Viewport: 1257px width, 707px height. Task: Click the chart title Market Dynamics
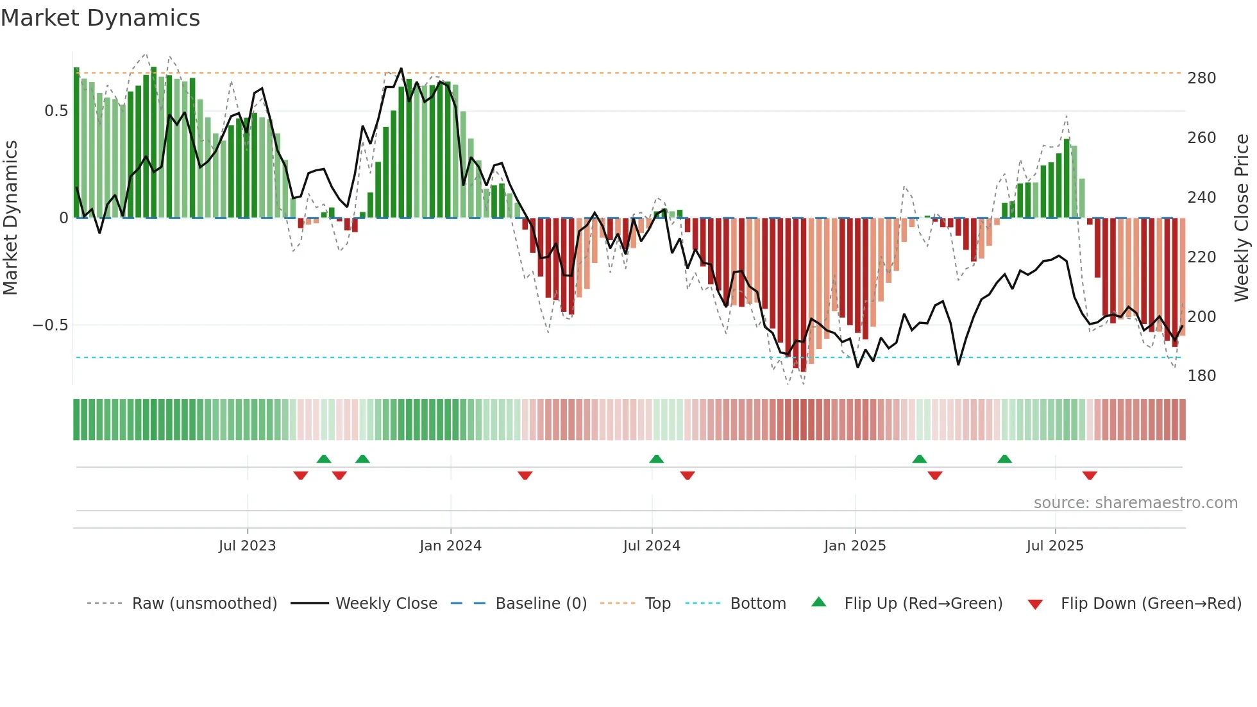click(x=101, y=18)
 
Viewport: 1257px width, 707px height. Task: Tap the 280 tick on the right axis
click(x=1201, y=78)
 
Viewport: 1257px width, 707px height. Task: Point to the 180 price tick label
click(x=1201, y=376)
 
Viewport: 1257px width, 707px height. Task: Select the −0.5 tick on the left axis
click(x=51, y=325)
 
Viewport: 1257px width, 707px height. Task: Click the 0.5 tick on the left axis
click(x=56, y=111)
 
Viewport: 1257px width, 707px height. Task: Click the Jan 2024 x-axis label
click(x=450, y=546)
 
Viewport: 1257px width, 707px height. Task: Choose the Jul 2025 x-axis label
click(x=1054, y=546)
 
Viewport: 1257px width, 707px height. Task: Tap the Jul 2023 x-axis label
click(x=247, y=546)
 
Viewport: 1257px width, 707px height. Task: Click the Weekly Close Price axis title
click(x=1242, y=218)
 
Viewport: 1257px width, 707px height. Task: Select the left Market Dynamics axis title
click(x=10, y=218)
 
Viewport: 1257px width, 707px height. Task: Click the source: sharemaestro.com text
click(x=1135, y=503)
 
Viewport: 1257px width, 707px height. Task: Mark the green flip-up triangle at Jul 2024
click(x=656, y=459)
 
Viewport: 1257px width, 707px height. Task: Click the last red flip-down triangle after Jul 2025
click(x=1090, y=475)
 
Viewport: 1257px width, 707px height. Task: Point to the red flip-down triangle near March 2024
click(x=525, y=475)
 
